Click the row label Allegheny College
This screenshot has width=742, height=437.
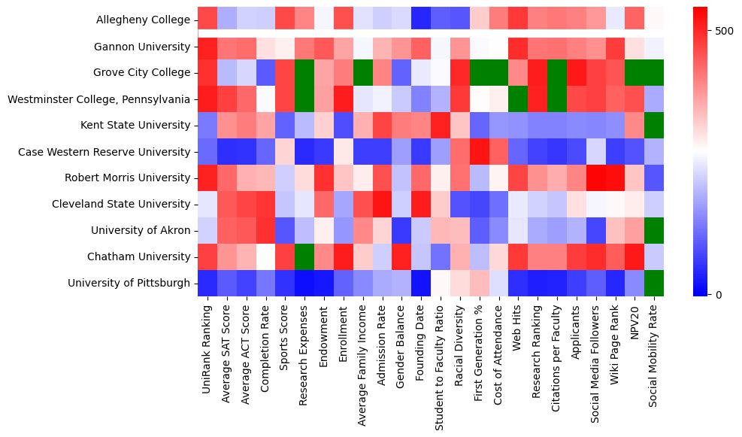click(143, 20)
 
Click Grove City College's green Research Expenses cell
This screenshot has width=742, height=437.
click(304, 73)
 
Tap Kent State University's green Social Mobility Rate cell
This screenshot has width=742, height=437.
click(655, 125)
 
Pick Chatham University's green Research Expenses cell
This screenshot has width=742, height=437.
click(304, 256)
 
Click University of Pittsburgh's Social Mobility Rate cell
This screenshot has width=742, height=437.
click(655, 283)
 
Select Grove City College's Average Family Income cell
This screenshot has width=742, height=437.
click(363, 73)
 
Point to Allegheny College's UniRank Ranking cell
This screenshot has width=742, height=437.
click(207, 20)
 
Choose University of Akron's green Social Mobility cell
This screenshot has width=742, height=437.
click(655, 230)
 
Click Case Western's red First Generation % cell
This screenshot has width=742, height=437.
click(480, 152)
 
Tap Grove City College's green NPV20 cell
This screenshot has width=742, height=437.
click(635, 73)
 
